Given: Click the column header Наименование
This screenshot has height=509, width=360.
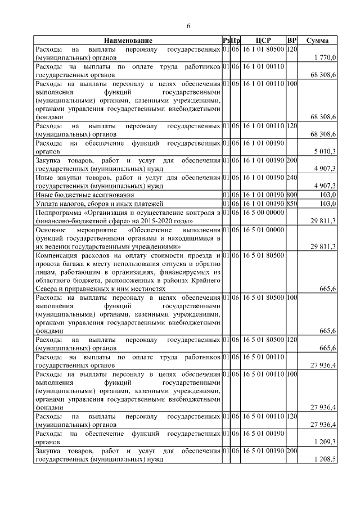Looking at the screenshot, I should (128, 40).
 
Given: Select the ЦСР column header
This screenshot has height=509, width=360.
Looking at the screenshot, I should (263, 40).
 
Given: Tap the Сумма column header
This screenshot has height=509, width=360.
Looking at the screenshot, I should (317, 40).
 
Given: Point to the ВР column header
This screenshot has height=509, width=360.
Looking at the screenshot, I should (291, 40).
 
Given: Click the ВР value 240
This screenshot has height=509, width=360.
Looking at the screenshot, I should (291, 177).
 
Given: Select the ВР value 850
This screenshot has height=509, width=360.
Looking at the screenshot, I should (291, 203).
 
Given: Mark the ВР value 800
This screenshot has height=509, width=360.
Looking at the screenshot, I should (291, 194).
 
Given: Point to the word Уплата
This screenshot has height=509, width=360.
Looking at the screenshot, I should (46, 203).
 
